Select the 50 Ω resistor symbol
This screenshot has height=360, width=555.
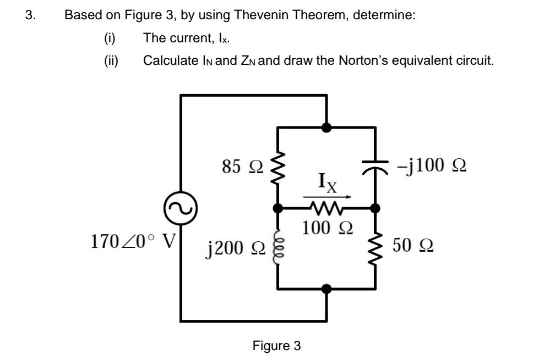(x=376, y=247)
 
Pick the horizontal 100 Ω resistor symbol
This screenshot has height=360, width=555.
(x=327, y=208)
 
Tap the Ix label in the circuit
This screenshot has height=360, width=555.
(x=327, y=181)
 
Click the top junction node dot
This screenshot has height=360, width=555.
(x=327, y=128)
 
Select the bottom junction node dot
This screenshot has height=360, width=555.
(x=327, y=288)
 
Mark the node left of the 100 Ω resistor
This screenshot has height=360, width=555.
(x=279, y=208)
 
